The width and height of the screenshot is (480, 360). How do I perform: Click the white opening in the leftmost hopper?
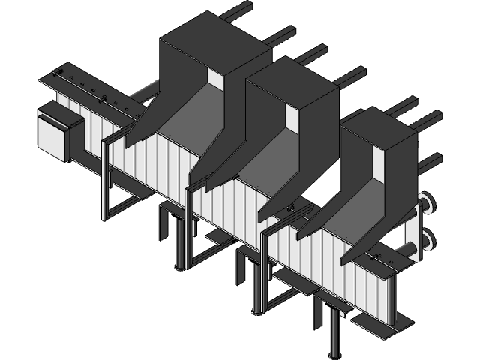coord(215,79)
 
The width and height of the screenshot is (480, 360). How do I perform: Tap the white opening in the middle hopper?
coord(291,117)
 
